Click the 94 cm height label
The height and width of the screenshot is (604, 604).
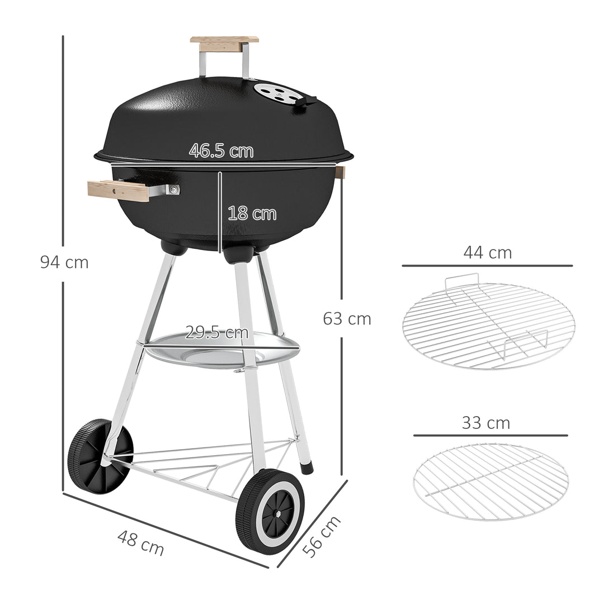click(x=64, y=262)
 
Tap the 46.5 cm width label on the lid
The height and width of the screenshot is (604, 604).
click(x=221, y=151)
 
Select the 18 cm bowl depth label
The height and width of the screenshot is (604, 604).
click(x=252, y=214)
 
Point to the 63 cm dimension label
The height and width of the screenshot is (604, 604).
click(x=347, y=319)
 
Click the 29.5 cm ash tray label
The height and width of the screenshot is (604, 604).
click(x=216, y=333)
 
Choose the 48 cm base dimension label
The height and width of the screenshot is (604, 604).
click(x=141, y=543)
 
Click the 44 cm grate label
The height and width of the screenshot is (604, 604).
click(x=487, y=253)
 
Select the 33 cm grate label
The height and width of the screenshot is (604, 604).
click(x=485, y=423)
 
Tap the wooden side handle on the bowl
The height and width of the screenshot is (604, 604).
click(x=119, y=191)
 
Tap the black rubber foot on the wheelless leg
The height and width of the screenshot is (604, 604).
click(x=306, y=468)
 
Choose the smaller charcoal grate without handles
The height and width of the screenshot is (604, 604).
click(x=490, y=482)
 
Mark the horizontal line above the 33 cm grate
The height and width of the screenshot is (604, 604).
click(x=490, y=435)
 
